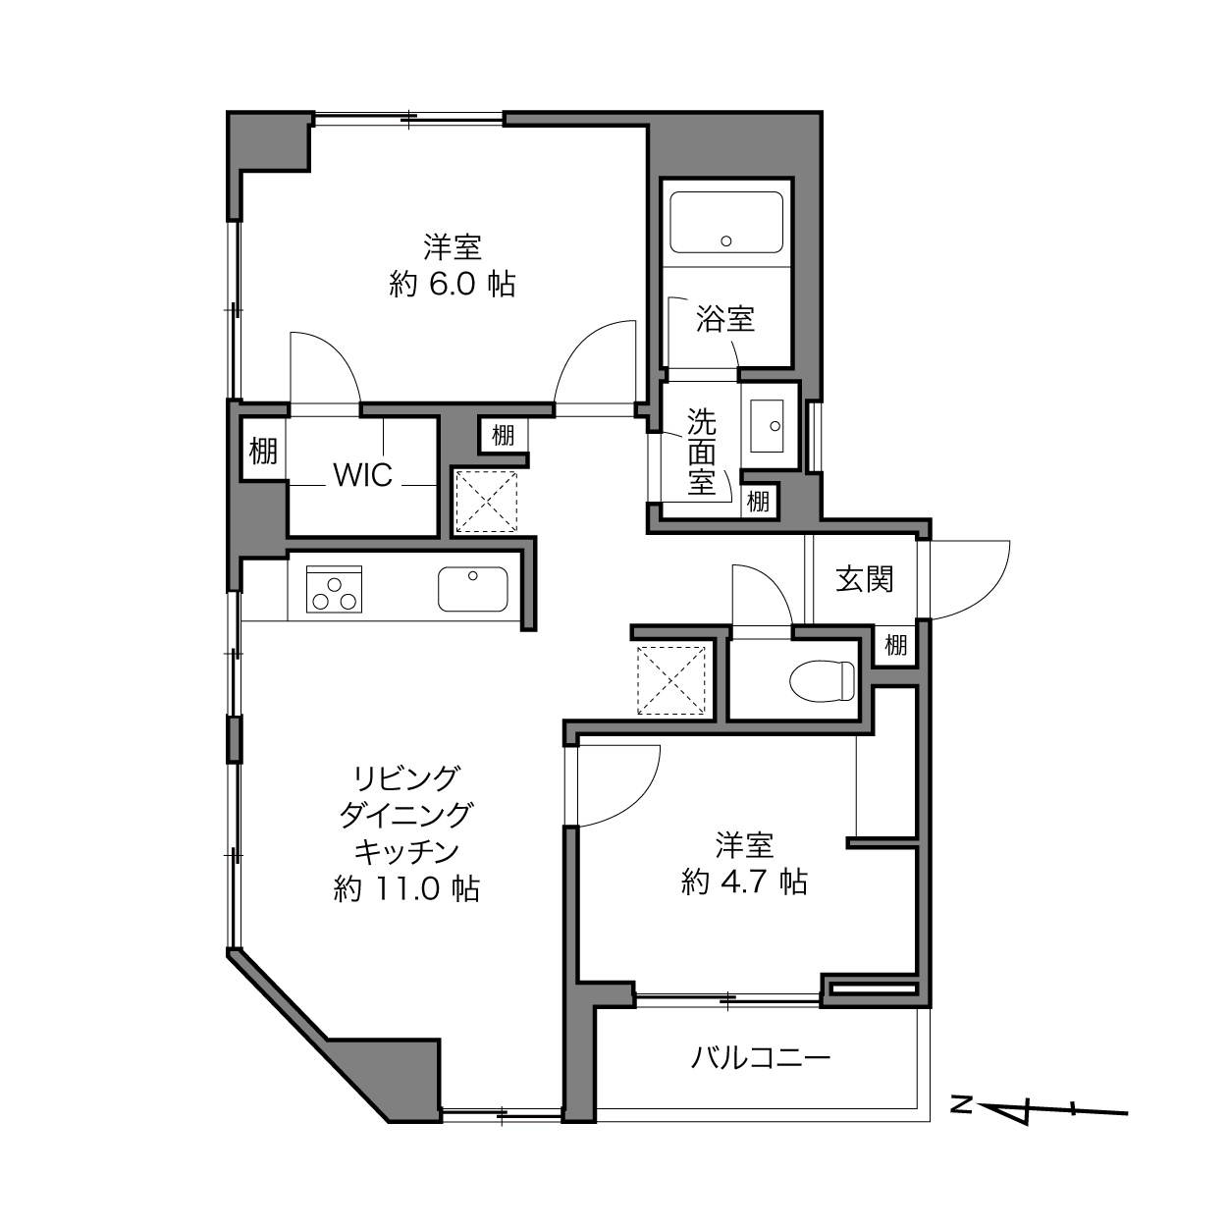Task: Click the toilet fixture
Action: (x=822, y=681)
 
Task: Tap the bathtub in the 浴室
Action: (x=725, y=222)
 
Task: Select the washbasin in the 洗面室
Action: (x=766, y=426)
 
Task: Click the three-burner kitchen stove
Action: (x=334, y=589)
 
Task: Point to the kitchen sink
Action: (x=472, y=589)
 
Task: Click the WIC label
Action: (x=363, y=474)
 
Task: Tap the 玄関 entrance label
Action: (x=864, y=579)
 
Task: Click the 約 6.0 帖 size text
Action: (x=453, y=284)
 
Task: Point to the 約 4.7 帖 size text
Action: (x=744, y=882)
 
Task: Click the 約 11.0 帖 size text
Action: (x=407, y=888)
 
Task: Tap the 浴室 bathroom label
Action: (x=725, y=319)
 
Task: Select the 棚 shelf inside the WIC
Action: (x=263, y=451)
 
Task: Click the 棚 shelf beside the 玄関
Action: (x=895, y=646)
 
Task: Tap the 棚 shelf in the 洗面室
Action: (x=758, y=502)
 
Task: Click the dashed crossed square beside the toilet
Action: (x=670, y=680)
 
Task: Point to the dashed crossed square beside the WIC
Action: (x=486, y=502)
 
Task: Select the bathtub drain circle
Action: (x=725, y=241)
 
